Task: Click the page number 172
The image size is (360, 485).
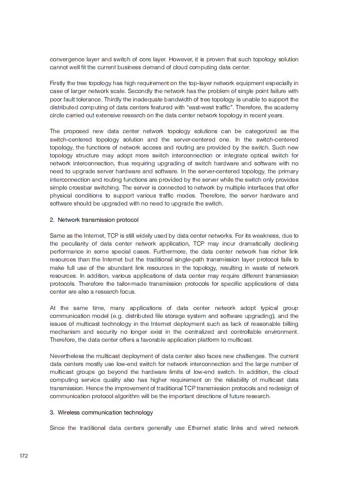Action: pyautogui.click(x=24, y=455)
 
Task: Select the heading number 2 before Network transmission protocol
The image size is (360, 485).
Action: pyautogui.click(x=52, y=220)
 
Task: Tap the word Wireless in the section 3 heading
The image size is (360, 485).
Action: pyautogui.click(x=69, y=412)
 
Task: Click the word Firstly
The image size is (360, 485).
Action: pyautogui.click(x=58, y=83)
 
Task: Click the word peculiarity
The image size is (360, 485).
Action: pyautogui.click(x=78, y=244)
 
